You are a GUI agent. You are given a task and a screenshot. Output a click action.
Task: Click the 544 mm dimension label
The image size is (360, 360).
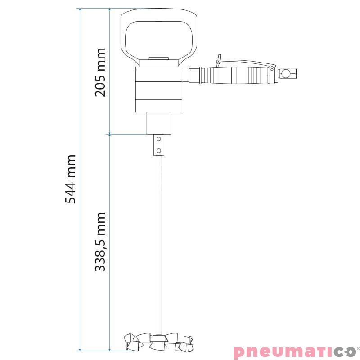(71, 179)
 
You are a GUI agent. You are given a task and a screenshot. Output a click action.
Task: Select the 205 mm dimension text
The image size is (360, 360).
(100, 72)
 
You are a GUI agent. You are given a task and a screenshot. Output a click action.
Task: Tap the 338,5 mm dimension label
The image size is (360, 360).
(100, 242)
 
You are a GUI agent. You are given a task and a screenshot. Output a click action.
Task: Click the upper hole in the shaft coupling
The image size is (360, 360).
(158, 139)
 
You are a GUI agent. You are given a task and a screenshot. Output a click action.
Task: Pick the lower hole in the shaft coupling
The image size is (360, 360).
(158, 150)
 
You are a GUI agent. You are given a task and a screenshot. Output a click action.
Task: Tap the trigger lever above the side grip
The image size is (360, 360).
(245, 63)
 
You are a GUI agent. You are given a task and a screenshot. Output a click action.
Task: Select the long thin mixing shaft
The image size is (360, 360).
(158, 243)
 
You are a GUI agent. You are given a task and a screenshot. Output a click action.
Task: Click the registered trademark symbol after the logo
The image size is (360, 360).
(358, 347)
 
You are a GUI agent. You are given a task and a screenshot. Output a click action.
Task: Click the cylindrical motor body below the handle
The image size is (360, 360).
(158, 90)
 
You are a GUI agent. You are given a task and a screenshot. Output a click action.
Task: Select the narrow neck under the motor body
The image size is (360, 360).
(158, 123)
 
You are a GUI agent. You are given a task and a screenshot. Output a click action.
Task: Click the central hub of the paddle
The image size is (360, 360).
(158, 338)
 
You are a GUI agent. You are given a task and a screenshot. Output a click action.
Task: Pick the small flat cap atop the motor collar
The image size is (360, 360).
(158, 58)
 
